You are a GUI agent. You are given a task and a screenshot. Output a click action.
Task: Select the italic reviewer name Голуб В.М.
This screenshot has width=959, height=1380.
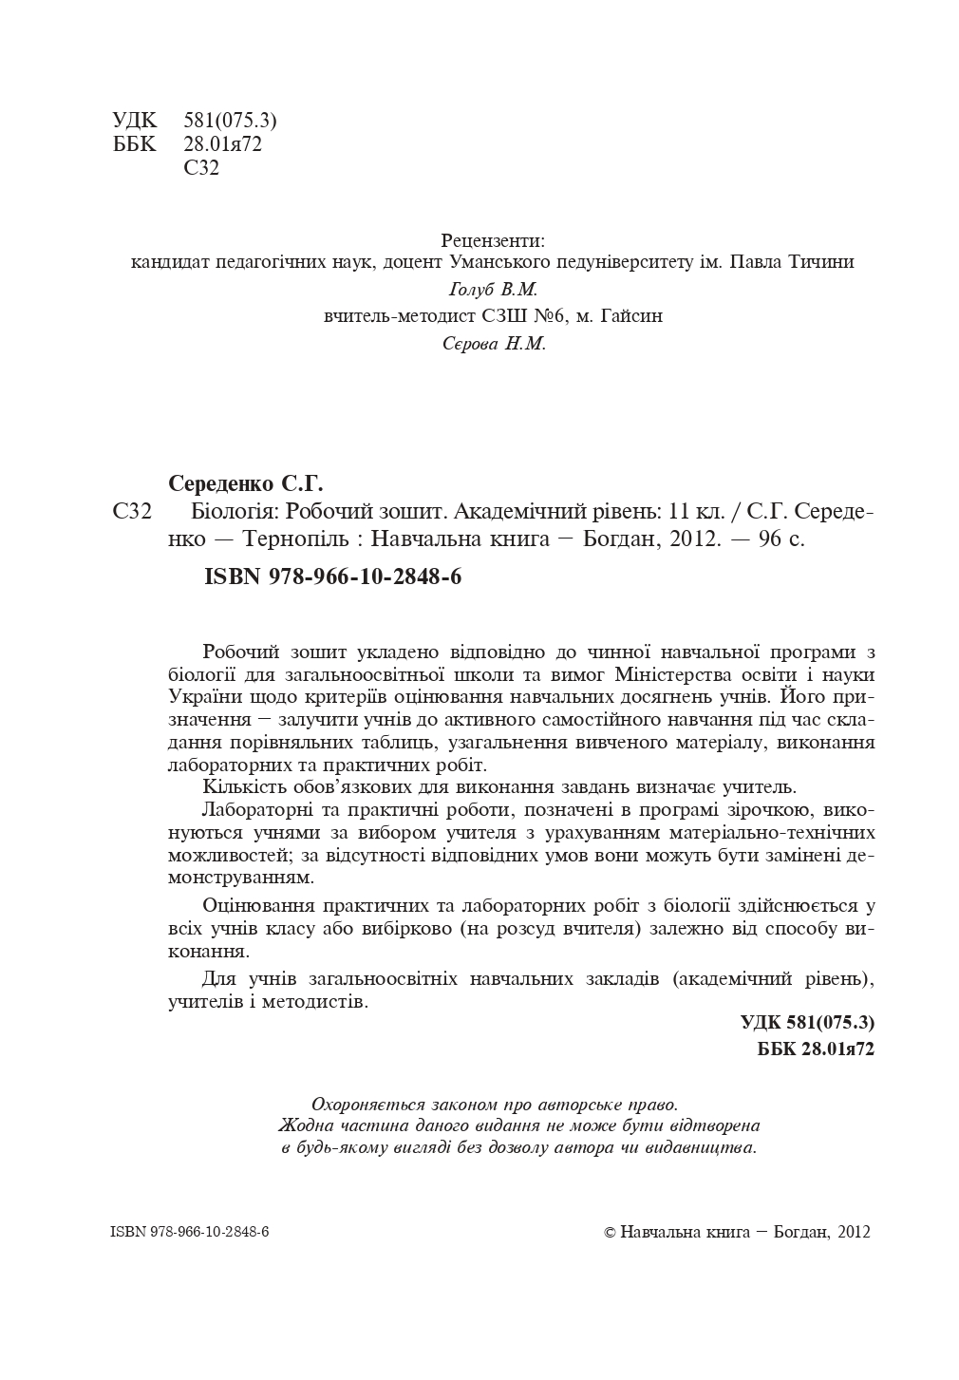492,290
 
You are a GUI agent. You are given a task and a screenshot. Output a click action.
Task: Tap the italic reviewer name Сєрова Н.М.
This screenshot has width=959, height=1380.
494,344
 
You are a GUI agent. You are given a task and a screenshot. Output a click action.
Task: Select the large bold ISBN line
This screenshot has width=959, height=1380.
332,577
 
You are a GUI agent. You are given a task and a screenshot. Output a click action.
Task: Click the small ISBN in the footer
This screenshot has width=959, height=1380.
190,1232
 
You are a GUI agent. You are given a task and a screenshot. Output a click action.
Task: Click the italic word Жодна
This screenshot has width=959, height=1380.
302,1125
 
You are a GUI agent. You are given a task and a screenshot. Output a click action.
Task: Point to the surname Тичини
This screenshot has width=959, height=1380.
821,262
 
